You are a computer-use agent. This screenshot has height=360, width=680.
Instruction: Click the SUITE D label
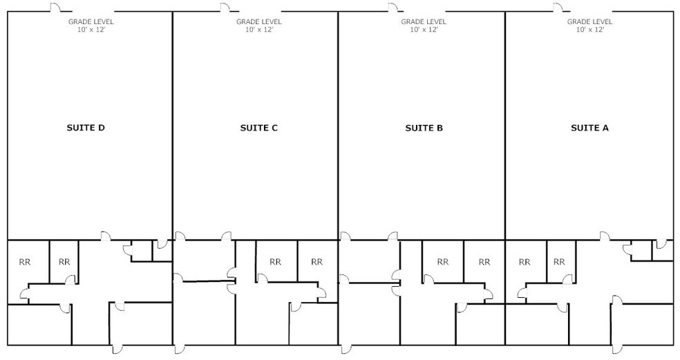point(85,128)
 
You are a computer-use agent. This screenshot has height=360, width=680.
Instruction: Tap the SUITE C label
point(258,128)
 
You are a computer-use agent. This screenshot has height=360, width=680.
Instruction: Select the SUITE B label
point(424,128)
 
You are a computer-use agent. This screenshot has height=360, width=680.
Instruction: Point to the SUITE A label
point(589,128)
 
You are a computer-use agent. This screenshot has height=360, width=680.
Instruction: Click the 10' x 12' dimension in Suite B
point(424,30)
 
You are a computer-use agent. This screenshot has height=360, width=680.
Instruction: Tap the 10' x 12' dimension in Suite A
point(590,30)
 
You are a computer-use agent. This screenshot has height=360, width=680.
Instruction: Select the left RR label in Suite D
point(25,262)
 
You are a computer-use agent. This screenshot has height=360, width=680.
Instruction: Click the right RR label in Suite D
point(64,262)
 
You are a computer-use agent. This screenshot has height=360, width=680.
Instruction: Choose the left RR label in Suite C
point(275,262)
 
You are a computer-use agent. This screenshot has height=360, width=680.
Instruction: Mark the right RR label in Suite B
point(484,262)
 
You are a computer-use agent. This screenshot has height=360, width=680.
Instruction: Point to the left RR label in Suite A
point(525,262)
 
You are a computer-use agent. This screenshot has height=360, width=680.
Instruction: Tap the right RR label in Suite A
point(560,262)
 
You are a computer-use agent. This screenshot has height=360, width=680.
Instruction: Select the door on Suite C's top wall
point(225,8)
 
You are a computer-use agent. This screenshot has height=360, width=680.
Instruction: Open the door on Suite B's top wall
point(392,8)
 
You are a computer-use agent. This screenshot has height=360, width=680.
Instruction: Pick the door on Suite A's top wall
point(557,8)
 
